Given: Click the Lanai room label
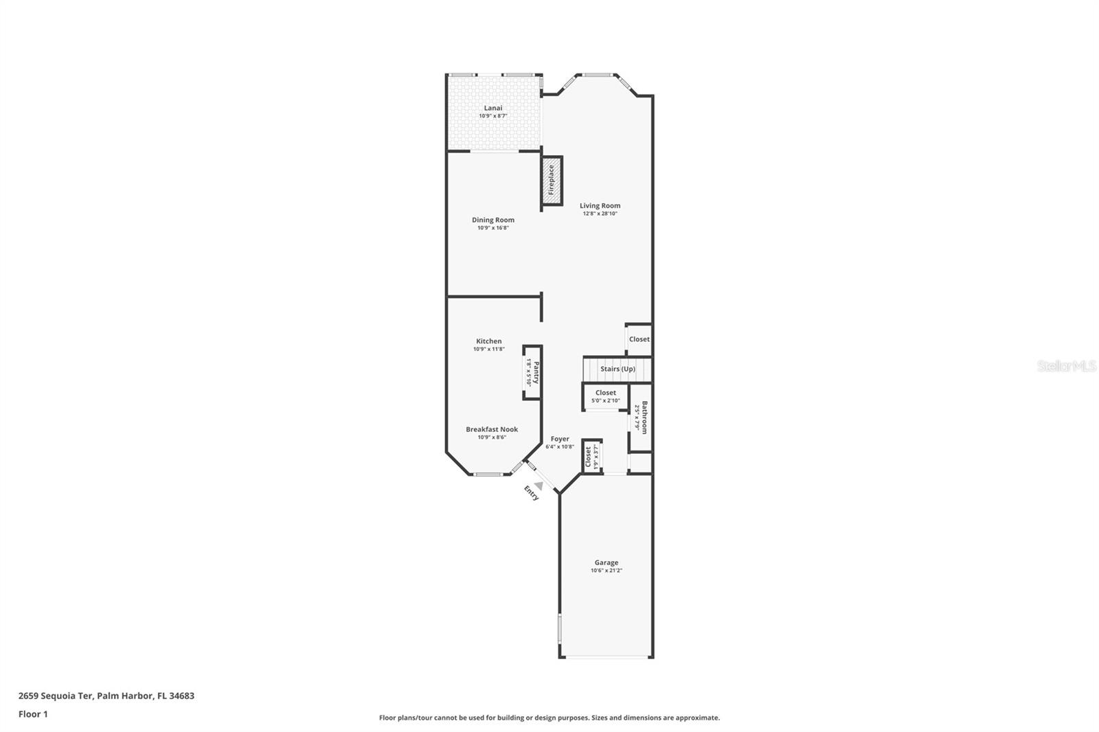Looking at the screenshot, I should point(493,108).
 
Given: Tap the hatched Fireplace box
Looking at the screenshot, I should point(551,180).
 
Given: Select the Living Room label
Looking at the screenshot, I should point(600,205).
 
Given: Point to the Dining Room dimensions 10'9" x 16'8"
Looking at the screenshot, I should point(493,228).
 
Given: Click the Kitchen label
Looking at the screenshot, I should point(489,341).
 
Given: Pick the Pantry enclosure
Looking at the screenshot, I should point(532,372).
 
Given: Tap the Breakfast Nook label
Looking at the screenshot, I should point(492,429).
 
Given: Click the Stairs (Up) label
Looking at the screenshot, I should point(618,369).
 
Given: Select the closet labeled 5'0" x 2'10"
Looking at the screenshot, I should point(606,396).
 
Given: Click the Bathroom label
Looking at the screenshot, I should point(644,418).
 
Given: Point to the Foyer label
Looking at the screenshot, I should point(560,439).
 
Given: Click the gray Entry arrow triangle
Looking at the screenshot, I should point(539,485).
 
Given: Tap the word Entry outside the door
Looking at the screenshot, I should point(532,493).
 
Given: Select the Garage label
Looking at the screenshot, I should point(607,562).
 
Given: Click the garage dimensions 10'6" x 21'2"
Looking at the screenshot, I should point(607,571).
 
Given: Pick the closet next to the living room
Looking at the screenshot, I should point(639,339).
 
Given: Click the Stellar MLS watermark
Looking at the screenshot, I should point(1066,367).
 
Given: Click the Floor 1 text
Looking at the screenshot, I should point(33,714).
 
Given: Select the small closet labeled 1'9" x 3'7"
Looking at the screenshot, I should point(591,457).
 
